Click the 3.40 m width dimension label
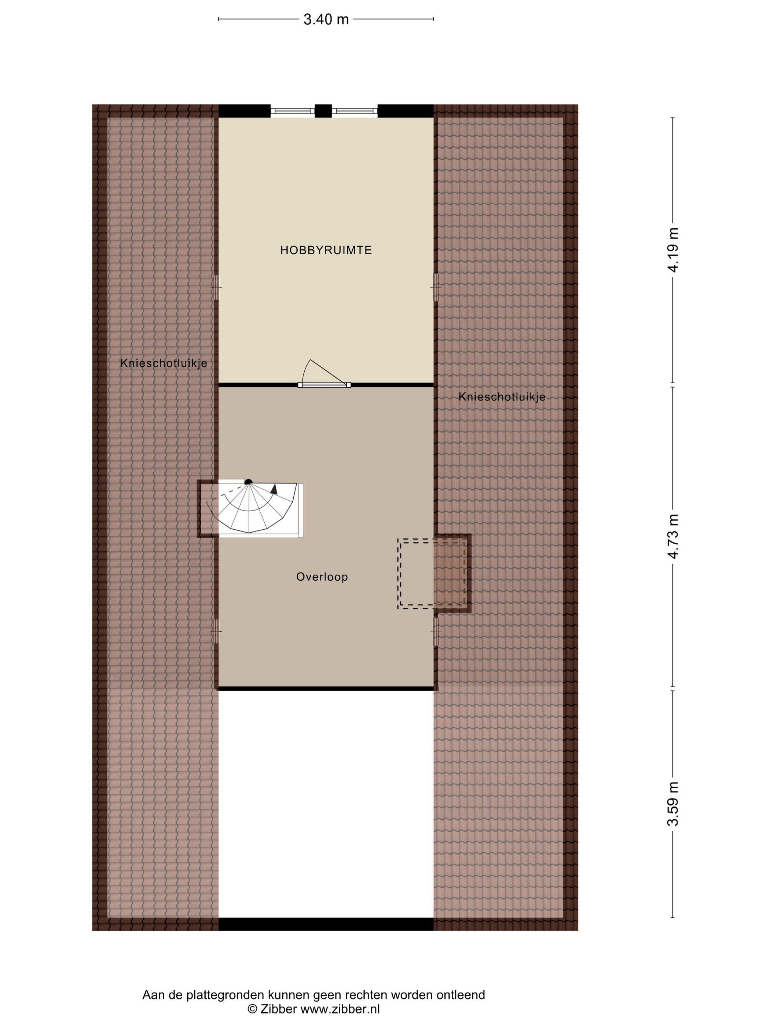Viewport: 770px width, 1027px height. click(326, 19)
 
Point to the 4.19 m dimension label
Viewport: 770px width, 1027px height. click(672, 250)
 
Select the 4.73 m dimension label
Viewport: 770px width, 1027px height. click(672, 536)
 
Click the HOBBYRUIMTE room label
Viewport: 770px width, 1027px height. click(326, 250)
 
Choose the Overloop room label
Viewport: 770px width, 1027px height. click(322, 577)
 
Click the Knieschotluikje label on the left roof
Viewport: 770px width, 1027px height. click(164, 363)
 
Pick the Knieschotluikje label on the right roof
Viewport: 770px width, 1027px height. click(502, 397)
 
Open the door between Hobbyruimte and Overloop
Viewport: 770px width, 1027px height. click(324, 384)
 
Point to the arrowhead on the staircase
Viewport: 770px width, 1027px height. click(274, 489)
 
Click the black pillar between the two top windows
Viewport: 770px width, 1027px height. click(323, 111)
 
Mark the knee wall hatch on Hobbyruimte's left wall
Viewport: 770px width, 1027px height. click(216, 288)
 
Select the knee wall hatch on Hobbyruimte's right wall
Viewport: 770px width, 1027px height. click(435, 288)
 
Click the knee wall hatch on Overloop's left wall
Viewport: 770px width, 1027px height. click(216, 632)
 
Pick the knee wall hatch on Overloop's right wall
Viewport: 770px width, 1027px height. click(435, 632)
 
